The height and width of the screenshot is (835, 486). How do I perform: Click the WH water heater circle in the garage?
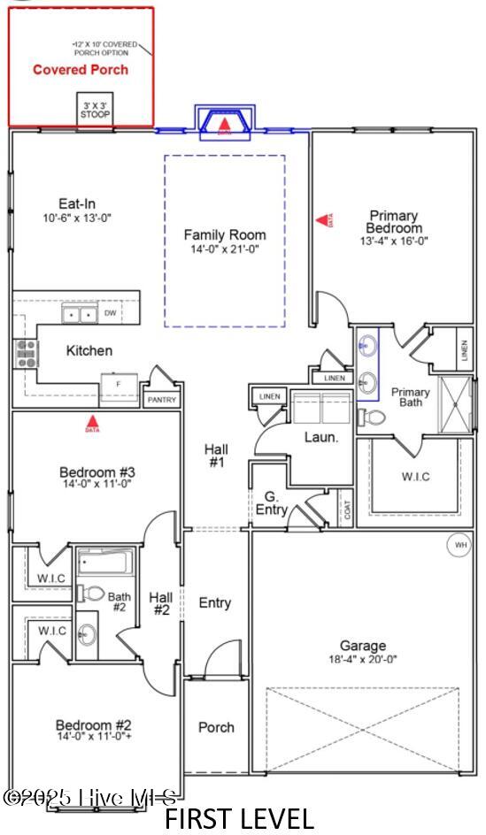tap(460, 545)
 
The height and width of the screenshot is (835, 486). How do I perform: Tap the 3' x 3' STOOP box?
tap(96, 110)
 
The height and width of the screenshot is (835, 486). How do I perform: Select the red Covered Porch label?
tap(81, 70)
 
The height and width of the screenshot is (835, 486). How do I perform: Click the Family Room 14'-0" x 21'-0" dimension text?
tap(225, 249)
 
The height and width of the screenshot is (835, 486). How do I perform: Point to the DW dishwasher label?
tap(111, 313)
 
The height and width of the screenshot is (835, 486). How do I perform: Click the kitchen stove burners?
tap(26, 353)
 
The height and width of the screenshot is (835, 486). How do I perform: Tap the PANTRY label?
tap(161, 400)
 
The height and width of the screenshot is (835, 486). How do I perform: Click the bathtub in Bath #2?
tap(105, 562)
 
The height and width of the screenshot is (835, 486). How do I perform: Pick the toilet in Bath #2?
tap(91, 594)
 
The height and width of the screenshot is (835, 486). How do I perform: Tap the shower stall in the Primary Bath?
tap(455, 402)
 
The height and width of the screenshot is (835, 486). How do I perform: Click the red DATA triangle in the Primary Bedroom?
tap(321, 218)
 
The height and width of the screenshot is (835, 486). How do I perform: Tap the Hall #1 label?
tap(216, 455)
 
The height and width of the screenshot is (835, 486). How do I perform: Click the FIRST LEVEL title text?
tap(239, 818)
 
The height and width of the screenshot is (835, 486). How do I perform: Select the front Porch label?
tap(216, 727)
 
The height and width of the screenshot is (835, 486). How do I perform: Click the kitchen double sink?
tap(81, 314)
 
